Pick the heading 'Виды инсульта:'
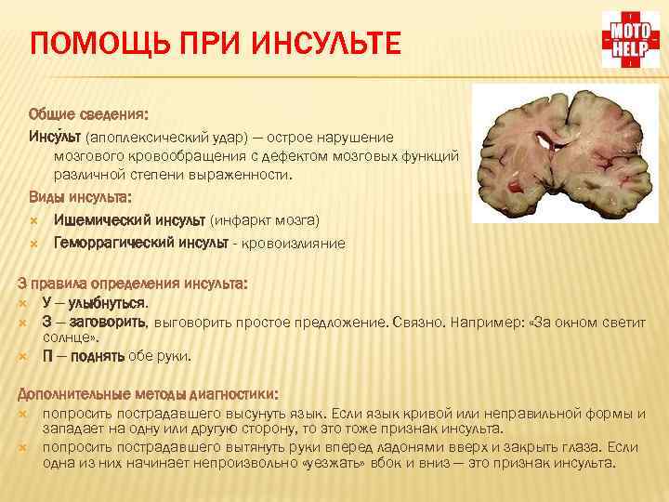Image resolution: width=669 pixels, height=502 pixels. (80, 197)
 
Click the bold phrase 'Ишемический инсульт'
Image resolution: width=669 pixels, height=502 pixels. (129, 220)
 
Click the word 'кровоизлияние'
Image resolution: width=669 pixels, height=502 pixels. (294, 244)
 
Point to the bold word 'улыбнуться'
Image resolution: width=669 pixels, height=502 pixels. (106, 302)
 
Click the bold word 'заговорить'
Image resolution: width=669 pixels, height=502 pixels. (106, 322)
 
